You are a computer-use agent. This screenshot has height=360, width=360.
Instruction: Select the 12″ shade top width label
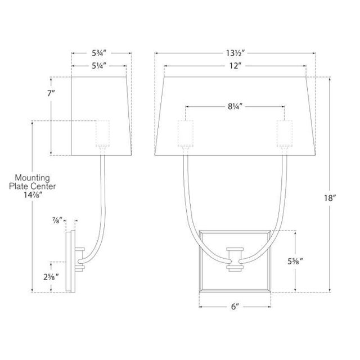click(236, 66)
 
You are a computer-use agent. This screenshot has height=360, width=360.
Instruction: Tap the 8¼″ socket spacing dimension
click(235, 106)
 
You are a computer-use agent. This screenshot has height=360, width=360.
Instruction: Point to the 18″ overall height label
click(330, 197)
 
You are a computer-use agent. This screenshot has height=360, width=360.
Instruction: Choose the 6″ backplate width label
click(235, 307)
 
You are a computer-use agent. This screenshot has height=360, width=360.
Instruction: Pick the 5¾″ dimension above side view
click(100, 53)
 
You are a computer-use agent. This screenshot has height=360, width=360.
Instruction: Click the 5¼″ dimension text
click(99, 66)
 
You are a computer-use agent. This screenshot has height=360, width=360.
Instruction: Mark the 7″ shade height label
click(51, 93)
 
